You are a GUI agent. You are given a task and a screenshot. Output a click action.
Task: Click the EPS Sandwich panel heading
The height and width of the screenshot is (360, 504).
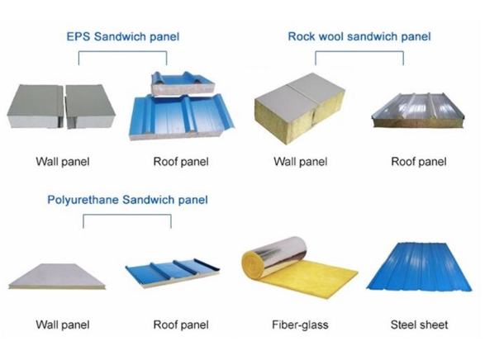[x=122, y=36]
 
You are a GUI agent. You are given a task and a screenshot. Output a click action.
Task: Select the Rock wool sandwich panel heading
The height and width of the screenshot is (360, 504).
[x=359, y=36]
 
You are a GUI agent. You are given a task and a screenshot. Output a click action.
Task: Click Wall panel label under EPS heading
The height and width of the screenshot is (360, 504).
[x=62, y=162]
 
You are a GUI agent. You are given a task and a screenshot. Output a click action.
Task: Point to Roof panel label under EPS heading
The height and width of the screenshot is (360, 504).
[x=181, y=162]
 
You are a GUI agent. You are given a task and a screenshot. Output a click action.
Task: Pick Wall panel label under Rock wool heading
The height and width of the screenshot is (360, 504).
[x=301, y=162]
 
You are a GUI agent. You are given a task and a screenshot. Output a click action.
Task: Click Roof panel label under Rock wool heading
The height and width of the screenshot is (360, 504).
[x=419, y=162]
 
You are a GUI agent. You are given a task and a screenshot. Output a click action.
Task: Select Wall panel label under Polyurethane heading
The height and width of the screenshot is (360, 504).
[x=62, y=325]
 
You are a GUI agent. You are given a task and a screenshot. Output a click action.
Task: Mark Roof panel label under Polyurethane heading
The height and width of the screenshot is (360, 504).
[x=181, y=325]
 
